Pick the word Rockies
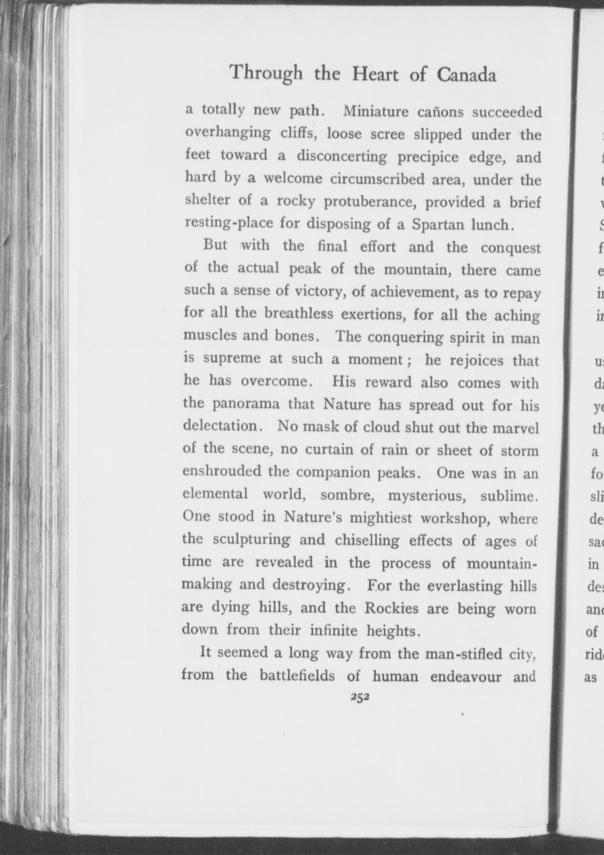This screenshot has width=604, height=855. tap(392, 608)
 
